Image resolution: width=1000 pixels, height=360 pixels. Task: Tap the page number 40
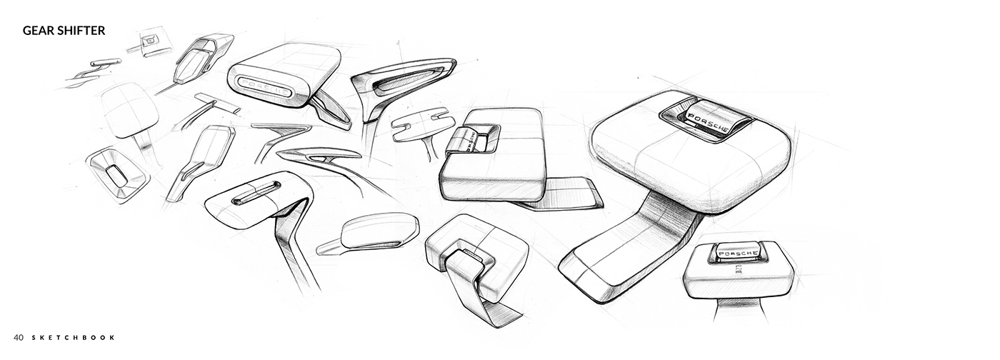point(18,337)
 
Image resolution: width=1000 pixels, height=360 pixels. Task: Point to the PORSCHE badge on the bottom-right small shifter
point(737,254)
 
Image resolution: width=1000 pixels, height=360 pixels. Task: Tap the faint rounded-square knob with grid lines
point(129,109)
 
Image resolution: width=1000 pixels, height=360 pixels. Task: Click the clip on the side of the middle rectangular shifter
point(468,140)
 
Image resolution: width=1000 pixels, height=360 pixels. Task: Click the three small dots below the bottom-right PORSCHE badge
point(739,270)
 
